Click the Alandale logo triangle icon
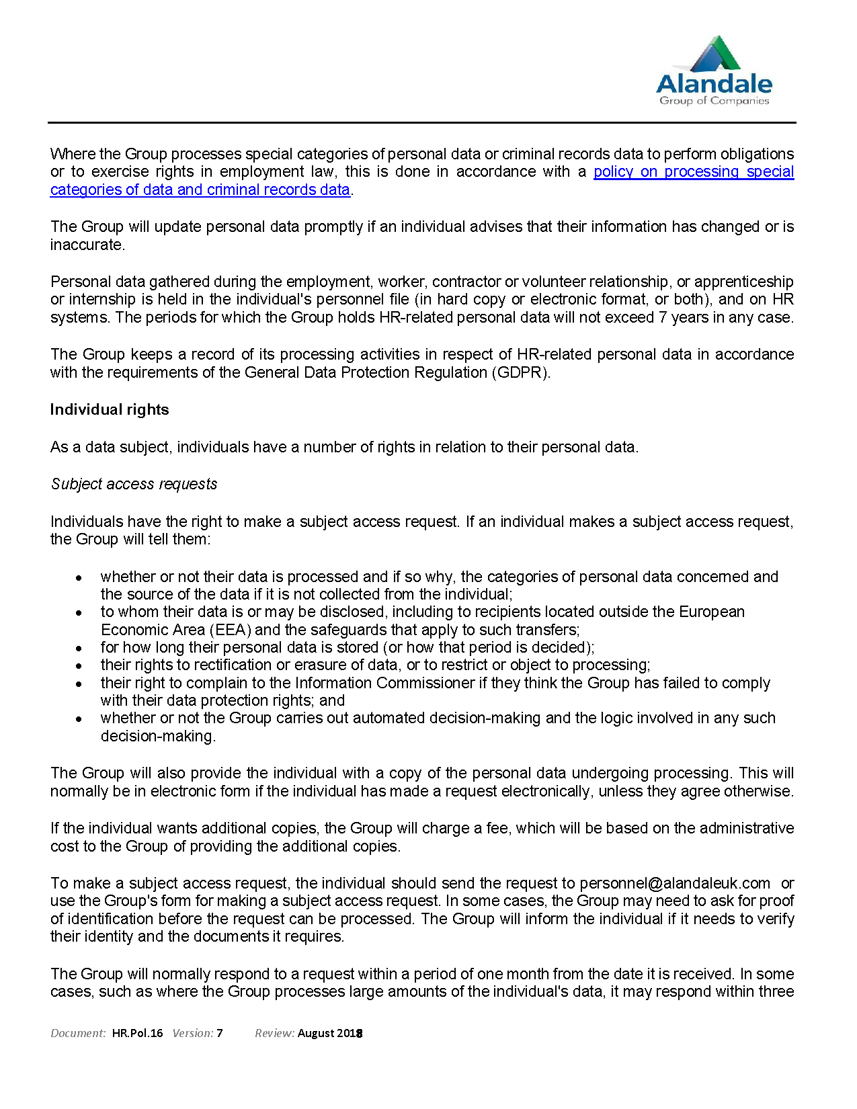[716, 54]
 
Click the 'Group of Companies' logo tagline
[714, 101]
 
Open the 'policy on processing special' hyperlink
[693, 172]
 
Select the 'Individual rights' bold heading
[110, 410]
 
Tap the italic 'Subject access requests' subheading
[134, 485]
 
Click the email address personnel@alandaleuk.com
[675, 883]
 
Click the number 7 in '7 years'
[663, 317]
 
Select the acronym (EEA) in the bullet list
[231, 630]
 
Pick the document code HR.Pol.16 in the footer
[137, 1033]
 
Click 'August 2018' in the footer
[330, 1033]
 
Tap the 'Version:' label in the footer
[192, 1033]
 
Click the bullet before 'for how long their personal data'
[79, 648]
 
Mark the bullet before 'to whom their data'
[79, 613]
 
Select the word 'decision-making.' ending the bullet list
[158, 736]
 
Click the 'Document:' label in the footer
[78, 1033]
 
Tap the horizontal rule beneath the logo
[421, 123]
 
